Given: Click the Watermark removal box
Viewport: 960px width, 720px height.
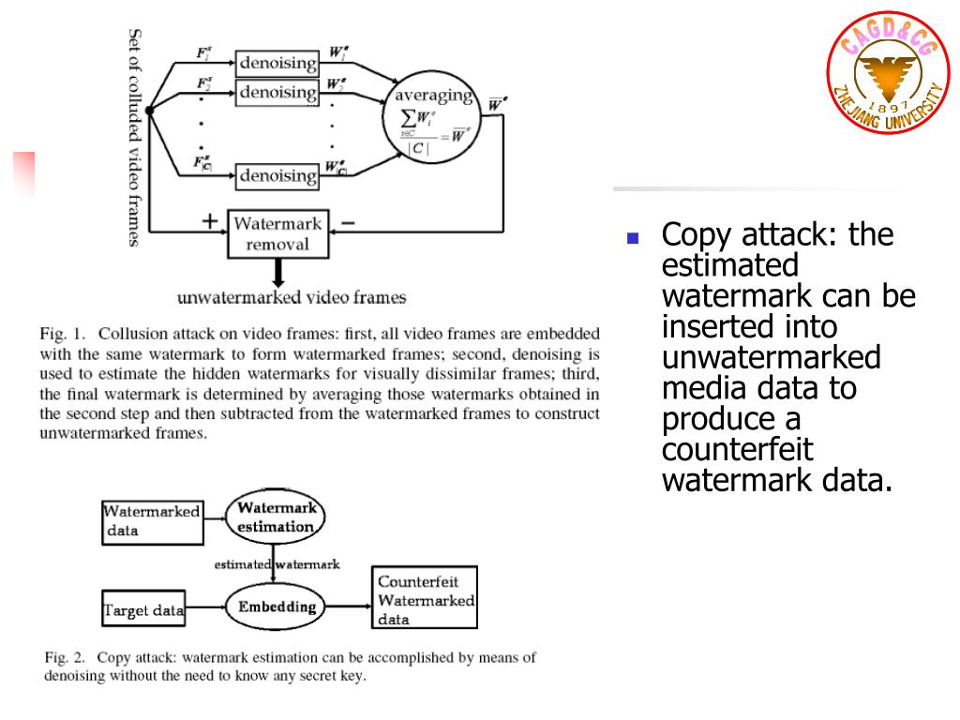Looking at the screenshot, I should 277,233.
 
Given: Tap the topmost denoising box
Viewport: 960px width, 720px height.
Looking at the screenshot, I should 277,63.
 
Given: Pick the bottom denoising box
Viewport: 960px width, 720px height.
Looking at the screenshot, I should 277,175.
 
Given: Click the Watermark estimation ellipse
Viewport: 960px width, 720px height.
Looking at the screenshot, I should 275,517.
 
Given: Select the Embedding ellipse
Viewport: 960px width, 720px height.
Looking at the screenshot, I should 276,607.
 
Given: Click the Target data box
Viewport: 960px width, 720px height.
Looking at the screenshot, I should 143,610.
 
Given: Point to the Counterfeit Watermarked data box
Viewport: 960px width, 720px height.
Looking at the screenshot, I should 425,596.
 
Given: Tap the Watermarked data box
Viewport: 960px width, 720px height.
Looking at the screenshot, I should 152,521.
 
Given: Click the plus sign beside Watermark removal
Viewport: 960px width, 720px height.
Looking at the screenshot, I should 210,221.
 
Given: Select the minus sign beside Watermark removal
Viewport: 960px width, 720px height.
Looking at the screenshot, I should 347,222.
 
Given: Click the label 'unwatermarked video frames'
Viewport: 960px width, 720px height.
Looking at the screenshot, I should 292,298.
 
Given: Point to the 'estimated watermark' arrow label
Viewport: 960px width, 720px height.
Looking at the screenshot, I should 277,564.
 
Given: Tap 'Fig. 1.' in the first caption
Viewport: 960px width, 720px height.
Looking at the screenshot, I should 63,333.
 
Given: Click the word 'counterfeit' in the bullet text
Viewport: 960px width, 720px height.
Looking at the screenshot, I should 737,450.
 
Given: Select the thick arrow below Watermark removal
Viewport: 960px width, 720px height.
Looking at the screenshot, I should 278,273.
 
